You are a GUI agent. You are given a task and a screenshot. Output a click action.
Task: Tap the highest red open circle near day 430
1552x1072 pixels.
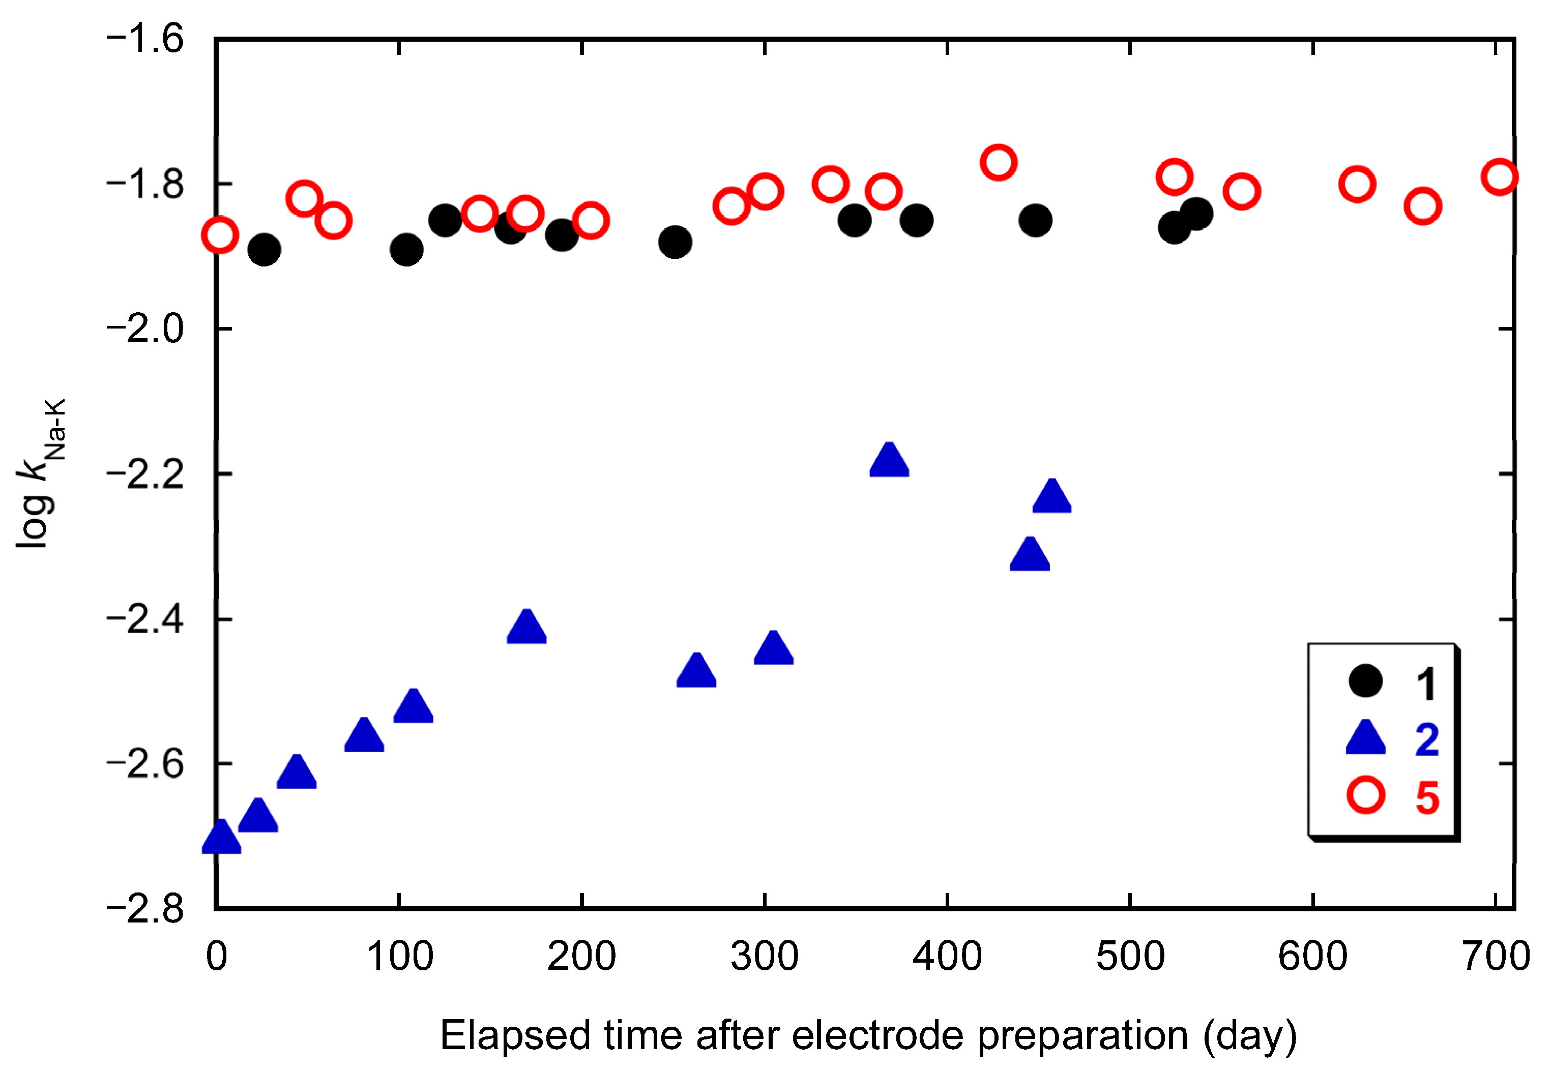999,163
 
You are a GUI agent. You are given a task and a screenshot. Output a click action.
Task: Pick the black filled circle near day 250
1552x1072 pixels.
675,242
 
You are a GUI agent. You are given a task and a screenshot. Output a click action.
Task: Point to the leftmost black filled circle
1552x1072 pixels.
264,250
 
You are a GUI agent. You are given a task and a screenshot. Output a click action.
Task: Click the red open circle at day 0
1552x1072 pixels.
220,235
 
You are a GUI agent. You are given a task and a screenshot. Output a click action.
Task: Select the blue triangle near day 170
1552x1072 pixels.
526,629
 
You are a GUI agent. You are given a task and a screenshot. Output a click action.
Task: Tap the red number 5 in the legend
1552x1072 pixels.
1427,798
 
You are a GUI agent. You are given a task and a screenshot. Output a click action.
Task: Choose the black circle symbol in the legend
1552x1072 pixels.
1365,681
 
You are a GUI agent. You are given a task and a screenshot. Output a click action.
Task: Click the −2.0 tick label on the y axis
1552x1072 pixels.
145,329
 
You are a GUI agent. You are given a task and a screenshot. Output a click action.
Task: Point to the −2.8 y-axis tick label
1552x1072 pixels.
145,909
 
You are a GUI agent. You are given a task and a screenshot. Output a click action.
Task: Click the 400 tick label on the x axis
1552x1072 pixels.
947,957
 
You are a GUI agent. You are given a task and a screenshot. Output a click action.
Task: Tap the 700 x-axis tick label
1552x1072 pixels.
1496,957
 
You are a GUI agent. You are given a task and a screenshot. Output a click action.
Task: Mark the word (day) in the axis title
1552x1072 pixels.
1250,1035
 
